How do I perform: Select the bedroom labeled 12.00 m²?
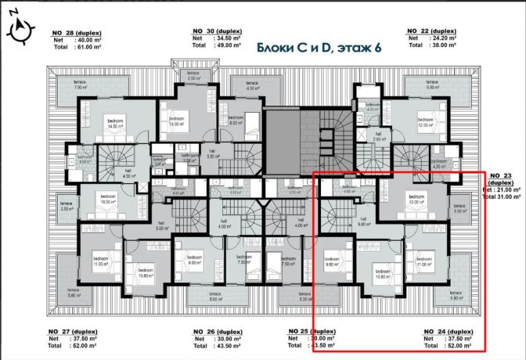(x=427, y=123)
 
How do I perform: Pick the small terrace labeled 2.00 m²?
(x=193, y=76)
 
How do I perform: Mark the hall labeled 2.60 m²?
(x=378, y=136)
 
